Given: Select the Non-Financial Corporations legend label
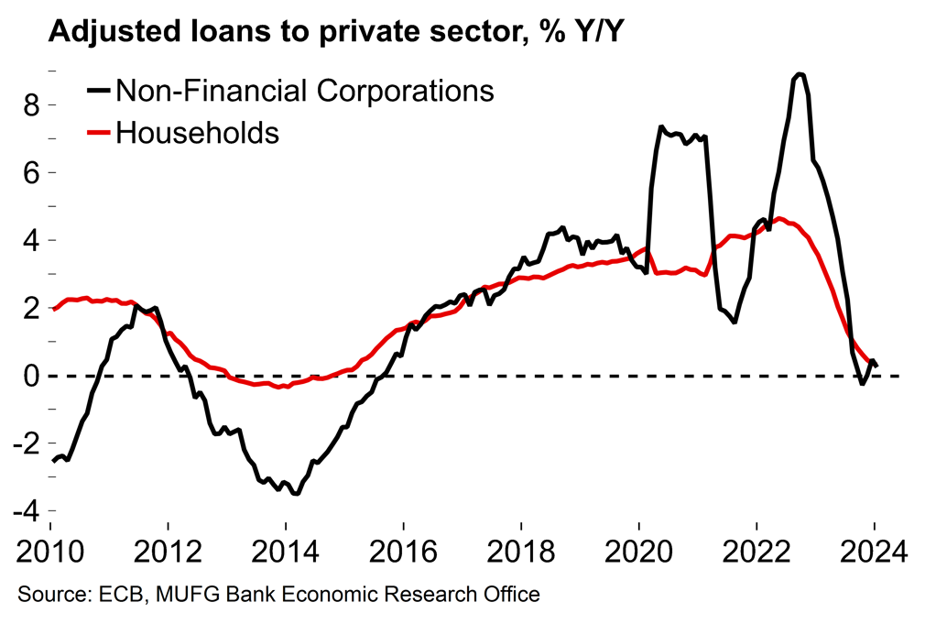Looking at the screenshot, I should click(304, 92).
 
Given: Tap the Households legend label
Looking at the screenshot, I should click(197, 132).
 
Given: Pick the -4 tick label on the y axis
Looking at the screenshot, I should click(27, 510).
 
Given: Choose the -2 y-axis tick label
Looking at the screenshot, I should click(27, 443).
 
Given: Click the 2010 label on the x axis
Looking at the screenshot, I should click(49, 553).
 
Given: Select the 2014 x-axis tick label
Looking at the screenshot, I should click(286, 553).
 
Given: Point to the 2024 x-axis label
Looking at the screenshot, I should click(874, 553).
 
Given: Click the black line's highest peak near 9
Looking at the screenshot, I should click(800, 74).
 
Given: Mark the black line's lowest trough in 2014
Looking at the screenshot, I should click(295, 493).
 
